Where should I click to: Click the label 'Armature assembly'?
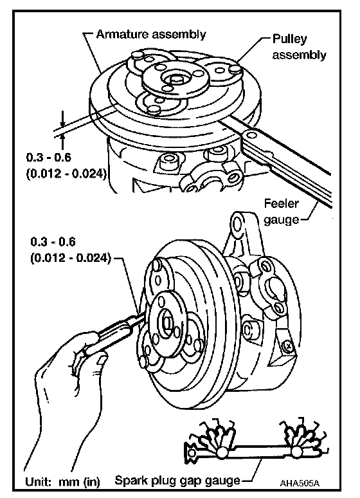click(x=151, y=34)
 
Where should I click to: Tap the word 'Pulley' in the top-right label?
click(x=290, y=39)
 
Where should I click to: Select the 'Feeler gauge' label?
click(x=282, y=211)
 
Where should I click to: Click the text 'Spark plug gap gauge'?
click(x=177, y=480)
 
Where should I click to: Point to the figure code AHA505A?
click(x=300, y=483)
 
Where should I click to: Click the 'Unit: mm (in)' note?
click(x=62, y=482)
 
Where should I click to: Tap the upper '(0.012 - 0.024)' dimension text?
click(x=66, y=174)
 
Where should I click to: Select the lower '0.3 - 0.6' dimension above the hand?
click(x=53, y=242)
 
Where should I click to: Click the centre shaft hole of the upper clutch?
click(x=175, y=78)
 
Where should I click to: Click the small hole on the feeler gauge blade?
click(x=252, y=136)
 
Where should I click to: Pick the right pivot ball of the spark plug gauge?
click(x=296, y=451)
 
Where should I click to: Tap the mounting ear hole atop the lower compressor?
click(x=237, y=224)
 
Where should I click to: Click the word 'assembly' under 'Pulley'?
click(x=300, y=55)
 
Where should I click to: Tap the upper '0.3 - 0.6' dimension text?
click(x=49, y=157)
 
